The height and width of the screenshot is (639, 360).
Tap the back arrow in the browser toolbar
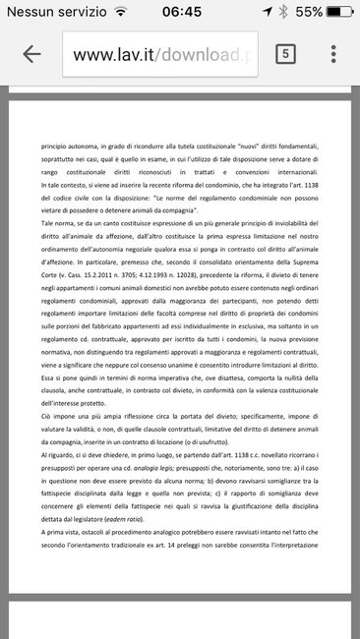[31, 53]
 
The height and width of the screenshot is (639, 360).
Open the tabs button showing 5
[286, 53]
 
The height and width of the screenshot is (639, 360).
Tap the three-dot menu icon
[333, 53]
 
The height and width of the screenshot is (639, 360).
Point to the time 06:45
[180, 11]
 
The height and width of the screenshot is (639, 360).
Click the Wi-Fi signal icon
[120, 11]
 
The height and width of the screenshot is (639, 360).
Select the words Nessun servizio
[52, 11]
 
